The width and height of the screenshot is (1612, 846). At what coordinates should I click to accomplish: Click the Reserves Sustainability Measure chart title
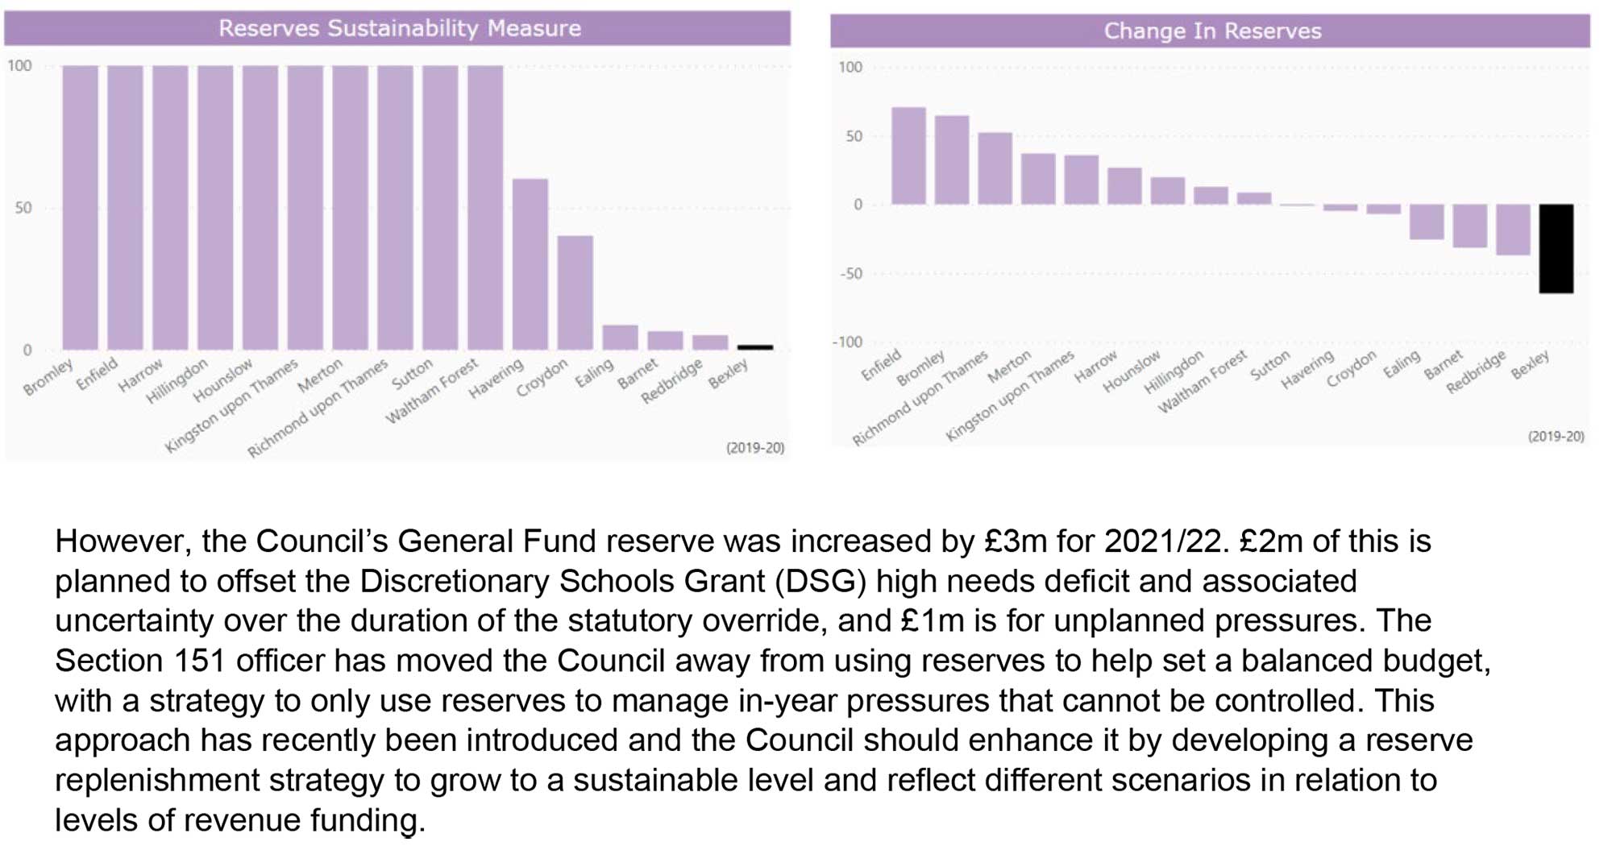pos(399,28)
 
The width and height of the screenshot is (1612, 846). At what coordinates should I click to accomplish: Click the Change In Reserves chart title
pos(1212,31)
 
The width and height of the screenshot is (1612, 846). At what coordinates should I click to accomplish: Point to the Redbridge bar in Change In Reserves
pos(1513,230)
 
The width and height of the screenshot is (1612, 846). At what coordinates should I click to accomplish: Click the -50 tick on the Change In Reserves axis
pos(851,274)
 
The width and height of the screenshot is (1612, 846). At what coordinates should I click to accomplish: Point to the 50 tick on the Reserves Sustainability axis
pos(23,208)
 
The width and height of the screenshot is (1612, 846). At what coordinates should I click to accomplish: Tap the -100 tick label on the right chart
pos(847,342)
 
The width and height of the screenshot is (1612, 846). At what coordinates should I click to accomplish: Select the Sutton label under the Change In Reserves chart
pos(1270,366)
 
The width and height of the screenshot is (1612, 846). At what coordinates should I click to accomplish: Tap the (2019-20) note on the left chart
pos(754,448)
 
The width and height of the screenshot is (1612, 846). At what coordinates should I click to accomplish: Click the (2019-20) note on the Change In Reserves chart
pos(1556,437)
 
